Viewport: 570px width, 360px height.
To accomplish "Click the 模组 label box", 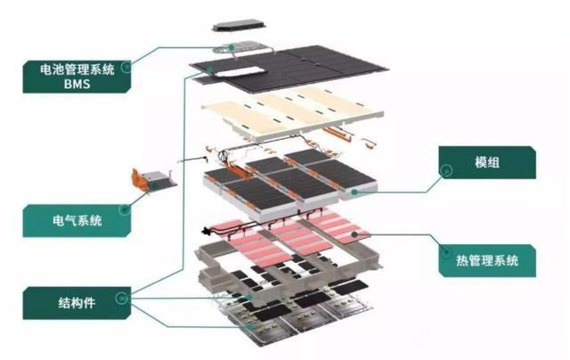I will (486, 165).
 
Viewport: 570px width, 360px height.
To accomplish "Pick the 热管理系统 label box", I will (488, 261).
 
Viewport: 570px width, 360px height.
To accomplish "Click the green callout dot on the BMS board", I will (230, 45).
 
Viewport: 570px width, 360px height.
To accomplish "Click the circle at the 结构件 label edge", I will (131, 295).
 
